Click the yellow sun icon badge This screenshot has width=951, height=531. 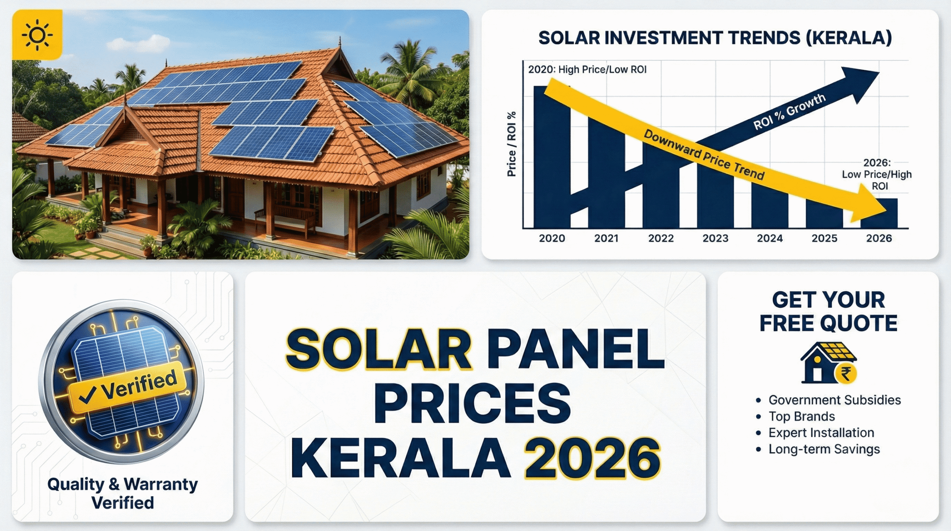[37, 35]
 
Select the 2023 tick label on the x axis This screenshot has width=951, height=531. [715, 238]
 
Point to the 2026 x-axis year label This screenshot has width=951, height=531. [879, 238]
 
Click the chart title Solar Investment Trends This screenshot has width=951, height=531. [715, 38]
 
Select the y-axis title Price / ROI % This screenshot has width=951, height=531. [512, 144]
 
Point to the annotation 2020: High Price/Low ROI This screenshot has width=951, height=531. [587, 69]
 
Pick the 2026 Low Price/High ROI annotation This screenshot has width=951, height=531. [877, 174]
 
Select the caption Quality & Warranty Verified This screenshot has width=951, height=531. [123, 493]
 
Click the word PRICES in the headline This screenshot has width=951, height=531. [472, 403]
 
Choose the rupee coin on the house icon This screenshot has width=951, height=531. [846, 373]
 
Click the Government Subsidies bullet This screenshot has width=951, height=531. [834, 400]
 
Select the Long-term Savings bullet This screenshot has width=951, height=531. [824, 449]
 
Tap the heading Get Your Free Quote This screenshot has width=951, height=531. [828, 311]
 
